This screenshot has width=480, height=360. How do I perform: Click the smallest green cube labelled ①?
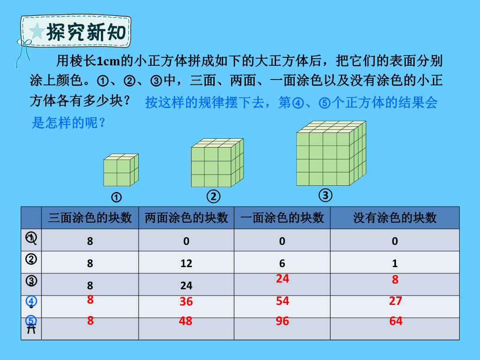coord(121,170)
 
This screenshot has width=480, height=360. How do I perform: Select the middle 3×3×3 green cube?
coord(217,163)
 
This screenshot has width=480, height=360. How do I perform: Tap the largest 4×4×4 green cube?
coord(331,153)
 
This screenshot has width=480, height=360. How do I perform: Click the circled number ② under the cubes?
coord(213,196)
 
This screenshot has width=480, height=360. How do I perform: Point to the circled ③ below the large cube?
coord(325,195)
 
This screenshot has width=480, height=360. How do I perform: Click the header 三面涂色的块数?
coord(90,218)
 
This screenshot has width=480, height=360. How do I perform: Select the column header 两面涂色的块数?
coord(186,218)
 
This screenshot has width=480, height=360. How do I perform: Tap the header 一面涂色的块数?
coord(282,218)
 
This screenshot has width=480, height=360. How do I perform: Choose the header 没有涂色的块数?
coord(395,218)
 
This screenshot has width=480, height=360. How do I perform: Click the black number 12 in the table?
coord(186,263)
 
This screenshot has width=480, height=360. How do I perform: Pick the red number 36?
coord(186,301)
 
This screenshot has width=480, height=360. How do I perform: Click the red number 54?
coord(282,301)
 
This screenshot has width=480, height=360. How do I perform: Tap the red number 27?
coord(395,301)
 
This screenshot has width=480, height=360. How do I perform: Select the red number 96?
coord(282,321)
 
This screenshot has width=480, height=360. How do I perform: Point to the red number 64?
coord(396,321)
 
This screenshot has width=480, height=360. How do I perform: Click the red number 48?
coord(185,321)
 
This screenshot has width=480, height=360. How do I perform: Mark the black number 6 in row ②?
coord(282,263)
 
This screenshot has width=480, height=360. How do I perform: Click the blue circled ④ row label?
coord(31,301)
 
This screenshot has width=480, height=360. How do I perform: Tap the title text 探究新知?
coord(86,32)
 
